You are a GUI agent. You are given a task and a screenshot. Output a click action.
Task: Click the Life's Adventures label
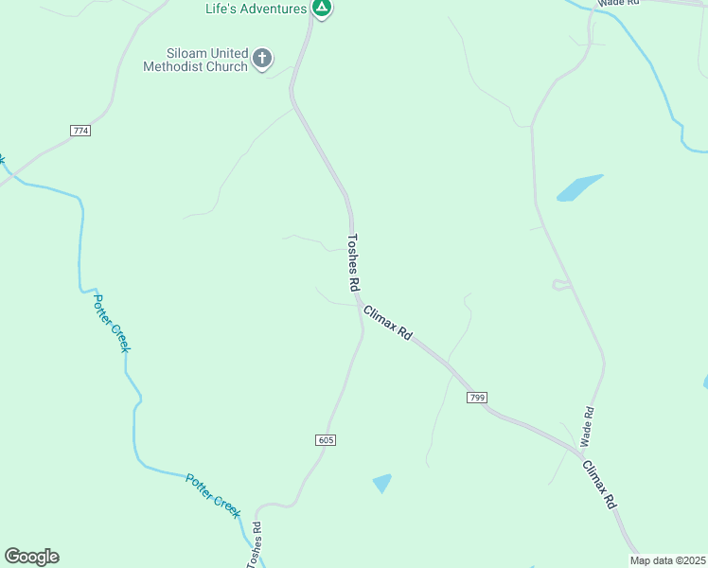click(x=257, y=9)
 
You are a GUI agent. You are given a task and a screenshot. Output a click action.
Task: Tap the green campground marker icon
click(x=322, y=9)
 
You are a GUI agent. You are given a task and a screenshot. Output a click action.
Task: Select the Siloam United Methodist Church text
click(x=195, y=60)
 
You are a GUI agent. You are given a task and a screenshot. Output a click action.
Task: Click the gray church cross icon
click(x=262, y=60)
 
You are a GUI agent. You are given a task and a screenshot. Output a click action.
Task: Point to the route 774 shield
click(x=80, y=130)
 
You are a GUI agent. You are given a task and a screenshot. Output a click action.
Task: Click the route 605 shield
click(x=326, y=440)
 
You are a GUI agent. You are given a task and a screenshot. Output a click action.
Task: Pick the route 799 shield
click(x=476, y=398)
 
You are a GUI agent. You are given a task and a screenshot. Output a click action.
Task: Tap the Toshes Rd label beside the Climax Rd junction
click(x=353, y=263)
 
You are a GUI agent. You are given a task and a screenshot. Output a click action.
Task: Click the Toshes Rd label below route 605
click(x=254, y=545)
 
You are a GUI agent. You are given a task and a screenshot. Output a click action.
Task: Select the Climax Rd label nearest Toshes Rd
click(x=388, y=322)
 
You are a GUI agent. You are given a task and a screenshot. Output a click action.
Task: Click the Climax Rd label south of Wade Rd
click(x=599, y=485)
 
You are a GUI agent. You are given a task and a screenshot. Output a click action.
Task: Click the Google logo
click(x=31, y=557)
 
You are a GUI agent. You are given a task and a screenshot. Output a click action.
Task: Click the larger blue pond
click(x=578, y=187)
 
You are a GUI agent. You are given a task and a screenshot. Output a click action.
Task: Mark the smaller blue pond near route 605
click(x=381, y=483)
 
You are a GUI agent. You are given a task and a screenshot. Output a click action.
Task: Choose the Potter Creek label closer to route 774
click(x=111, y=323)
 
